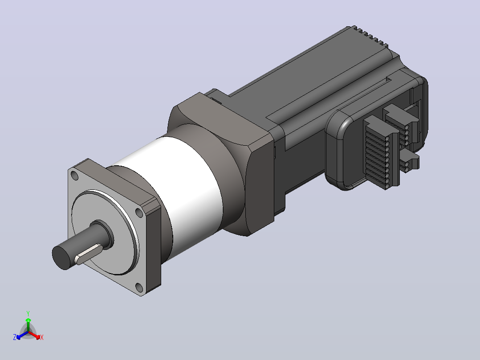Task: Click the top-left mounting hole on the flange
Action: tap(74, 176)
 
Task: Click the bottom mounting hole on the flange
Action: tap(139, 288)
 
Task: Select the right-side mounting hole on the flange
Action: tap(139, 213)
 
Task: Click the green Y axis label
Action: tap(28, 313)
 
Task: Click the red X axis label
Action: tap(42, 337)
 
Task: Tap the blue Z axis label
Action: tap(15, 337)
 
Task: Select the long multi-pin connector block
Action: tap(381, 152)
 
